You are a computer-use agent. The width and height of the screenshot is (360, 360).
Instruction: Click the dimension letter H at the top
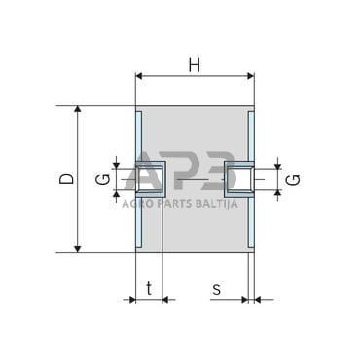(x=195, y=66)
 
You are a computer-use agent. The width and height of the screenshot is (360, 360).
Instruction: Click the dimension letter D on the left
(x=67, y=179)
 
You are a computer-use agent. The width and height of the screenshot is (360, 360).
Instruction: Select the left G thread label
(x=104, y=179)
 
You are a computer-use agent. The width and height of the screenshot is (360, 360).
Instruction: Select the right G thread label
(x=294, y=180)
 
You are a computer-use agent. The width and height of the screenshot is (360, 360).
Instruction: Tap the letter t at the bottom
(x=149, y=288)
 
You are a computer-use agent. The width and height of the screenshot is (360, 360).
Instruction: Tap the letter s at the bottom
(x=216, y=289)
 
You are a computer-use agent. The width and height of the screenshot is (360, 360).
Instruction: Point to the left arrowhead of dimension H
(x=139, y=76)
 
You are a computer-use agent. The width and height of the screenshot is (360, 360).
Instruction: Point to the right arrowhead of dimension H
(x=250, y=76)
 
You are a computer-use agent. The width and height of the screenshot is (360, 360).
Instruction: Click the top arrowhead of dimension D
(x=77, y=109)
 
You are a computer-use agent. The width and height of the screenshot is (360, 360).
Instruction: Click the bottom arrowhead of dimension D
(x=77, y=249)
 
